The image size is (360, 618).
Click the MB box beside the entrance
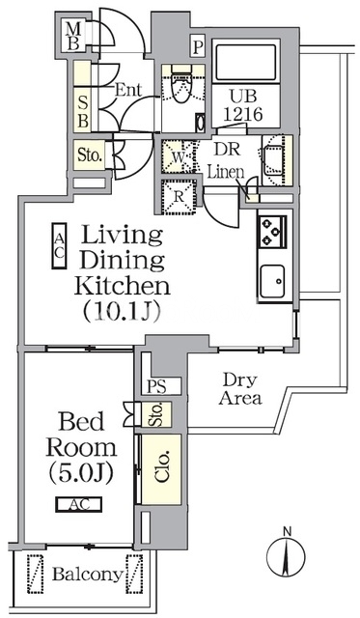click(73, 37)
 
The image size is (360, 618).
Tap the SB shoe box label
click(83, 112)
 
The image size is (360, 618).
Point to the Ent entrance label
click(128, 90)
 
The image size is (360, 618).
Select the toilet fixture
click(181, 87)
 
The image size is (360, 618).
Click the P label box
click(198, 47)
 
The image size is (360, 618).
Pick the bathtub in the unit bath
click(246, 63)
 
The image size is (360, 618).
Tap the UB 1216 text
click(243, 105)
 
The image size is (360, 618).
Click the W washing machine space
click(179, 156)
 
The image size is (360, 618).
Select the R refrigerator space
click(180, 197)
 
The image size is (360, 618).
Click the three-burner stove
click(272, 232)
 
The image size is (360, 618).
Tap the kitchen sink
click(272, 280)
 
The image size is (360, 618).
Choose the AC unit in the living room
click(59, 246)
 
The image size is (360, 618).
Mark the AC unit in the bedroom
click(79, 504)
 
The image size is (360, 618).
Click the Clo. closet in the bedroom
click(161, 469)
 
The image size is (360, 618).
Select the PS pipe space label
click(156, 386)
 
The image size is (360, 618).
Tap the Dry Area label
click(240, 388)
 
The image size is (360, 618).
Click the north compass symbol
click(287, 557)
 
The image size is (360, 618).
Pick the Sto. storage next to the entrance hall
click(90, 154)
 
